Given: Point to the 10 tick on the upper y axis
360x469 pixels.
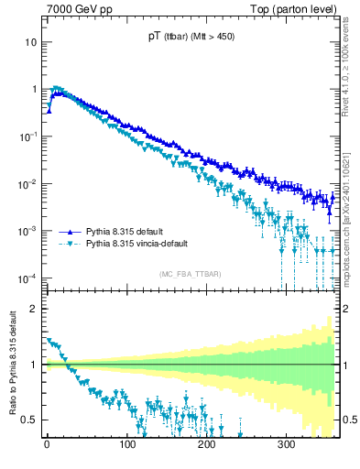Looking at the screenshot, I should pyautogui.click(x=30, y=42).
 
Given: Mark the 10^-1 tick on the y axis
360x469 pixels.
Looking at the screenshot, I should pyautogui.click(x=27, y=136).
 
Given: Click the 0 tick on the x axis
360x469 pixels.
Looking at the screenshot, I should pyautogui.click(x=47, y=444).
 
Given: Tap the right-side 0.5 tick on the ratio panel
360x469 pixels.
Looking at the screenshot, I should pyautogui.click(x=347, y=420).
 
